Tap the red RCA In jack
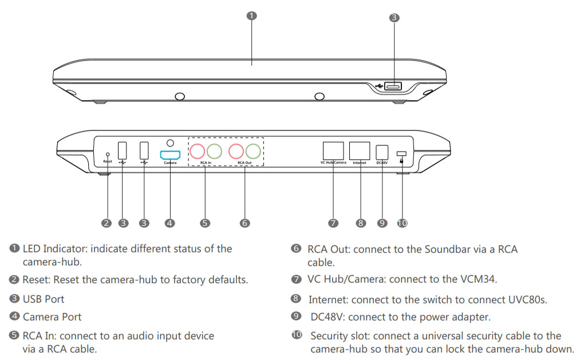pyautogui.click(x=198, y=151)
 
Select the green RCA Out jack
pyautogui.click(x=253, y=151)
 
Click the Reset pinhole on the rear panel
pyautogui.click(x=108, y=153)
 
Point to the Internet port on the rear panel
pyautogui.click(x=360, y=151)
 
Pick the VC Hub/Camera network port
pyautogui.click(x=333, y=151)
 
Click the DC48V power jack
pyautogui.click(x=382, y=152)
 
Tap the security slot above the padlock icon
pyautogui.click(x=402, y=153)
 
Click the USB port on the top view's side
pyautogui.click(x=393, y=86)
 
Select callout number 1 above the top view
pyautogui.click(x=251, y=15)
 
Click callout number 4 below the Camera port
pyautogui.click(x=169, y=223)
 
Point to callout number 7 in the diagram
pyautogui.click(x=333, y=223)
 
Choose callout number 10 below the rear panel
pyautogui.click(x=402, y=223)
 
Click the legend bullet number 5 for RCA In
pyautogui.click(x=14, y=336)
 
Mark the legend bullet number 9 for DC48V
pyautogui.click(x=296, y=316)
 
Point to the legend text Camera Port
pyautogui.click(x=52, y=317)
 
